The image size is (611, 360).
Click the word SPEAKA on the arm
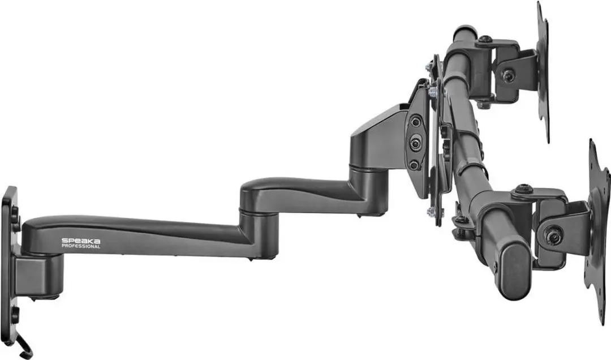coord(81,241)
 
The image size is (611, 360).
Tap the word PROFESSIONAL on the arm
coord(81,246)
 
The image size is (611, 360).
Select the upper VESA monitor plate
coord(543,72)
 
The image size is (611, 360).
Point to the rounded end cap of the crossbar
coord(516,268)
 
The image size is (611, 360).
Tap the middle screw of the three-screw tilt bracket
coord(415,144)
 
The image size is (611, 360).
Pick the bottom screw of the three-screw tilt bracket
coord(414,165)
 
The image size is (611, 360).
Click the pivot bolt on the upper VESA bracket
coord(507,76)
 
